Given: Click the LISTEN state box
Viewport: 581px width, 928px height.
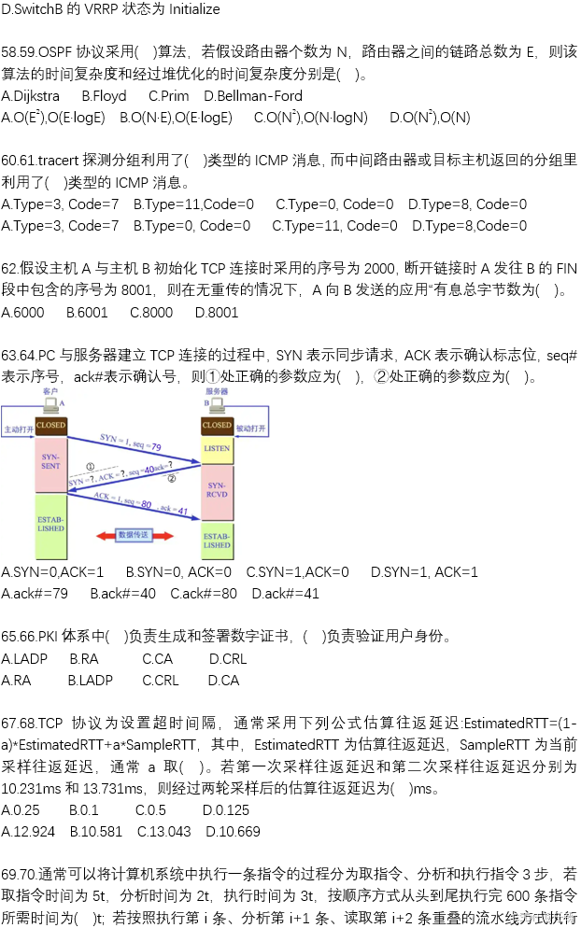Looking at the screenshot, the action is point(217,449).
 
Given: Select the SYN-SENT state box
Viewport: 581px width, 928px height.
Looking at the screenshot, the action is point(50,459).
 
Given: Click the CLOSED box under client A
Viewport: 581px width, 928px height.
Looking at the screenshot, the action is point(50,426).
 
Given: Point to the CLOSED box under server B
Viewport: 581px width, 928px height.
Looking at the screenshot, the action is point(217,426).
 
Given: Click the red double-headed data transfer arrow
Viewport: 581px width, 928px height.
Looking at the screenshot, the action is point(132,535).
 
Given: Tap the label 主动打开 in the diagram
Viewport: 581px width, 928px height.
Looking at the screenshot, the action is point(19,429).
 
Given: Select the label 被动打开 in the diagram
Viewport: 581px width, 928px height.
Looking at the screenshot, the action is point(250,429).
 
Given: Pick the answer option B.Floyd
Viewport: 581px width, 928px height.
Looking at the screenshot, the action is point(104,96).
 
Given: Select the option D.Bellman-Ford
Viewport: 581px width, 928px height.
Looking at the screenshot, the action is point(253,96).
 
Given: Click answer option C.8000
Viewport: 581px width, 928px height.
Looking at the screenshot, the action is point(151,313).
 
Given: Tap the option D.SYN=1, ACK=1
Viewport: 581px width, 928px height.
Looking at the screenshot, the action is point(424,571).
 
